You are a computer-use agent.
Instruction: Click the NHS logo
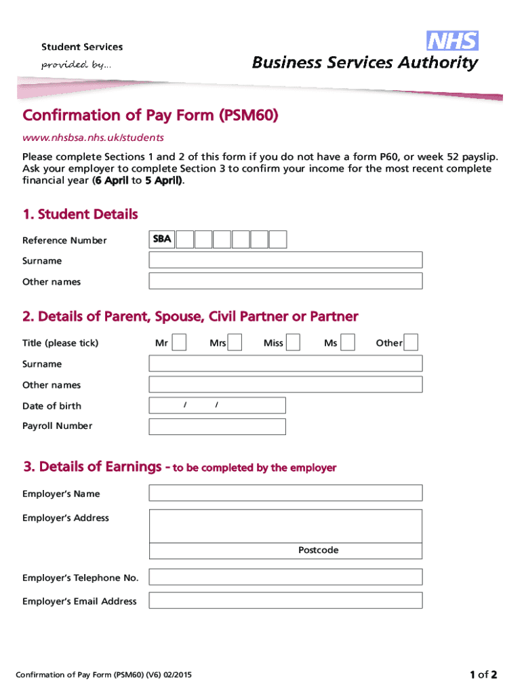[x=452, y=41]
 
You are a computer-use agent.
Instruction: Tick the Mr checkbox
[x=179, y=343]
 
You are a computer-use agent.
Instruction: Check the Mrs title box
[x=235, y=343]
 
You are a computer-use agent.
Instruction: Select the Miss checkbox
[x=293, y=343]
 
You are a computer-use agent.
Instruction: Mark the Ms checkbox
[x=347, y=343]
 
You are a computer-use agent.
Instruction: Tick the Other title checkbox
[x=411, y=343]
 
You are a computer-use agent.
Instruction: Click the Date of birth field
[x=217, y=405]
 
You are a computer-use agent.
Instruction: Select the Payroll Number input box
[x=217, y=426]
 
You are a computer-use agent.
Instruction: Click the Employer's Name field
[x=285, y=493]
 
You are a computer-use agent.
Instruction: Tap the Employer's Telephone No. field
[x=285, y=577]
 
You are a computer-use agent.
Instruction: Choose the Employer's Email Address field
[x=285, y=600]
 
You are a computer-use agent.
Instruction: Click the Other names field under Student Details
[x=285, y=281]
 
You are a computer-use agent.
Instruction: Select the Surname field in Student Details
[x=285, y=260]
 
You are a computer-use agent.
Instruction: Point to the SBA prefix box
[x=162, y=239]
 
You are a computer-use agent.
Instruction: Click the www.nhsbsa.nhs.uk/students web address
[x=93, y=138]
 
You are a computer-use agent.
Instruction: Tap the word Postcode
[x=318, y=550]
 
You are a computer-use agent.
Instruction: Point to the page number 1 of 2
[x=483, y=674]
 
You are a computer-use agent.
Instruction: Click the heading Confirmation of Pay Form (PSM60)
[x=150, y=116]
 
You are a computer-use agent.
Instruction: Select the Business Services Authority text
[x=365, y=63]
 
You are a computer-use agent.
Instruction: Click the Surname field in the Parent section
[x=285, y=363]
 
